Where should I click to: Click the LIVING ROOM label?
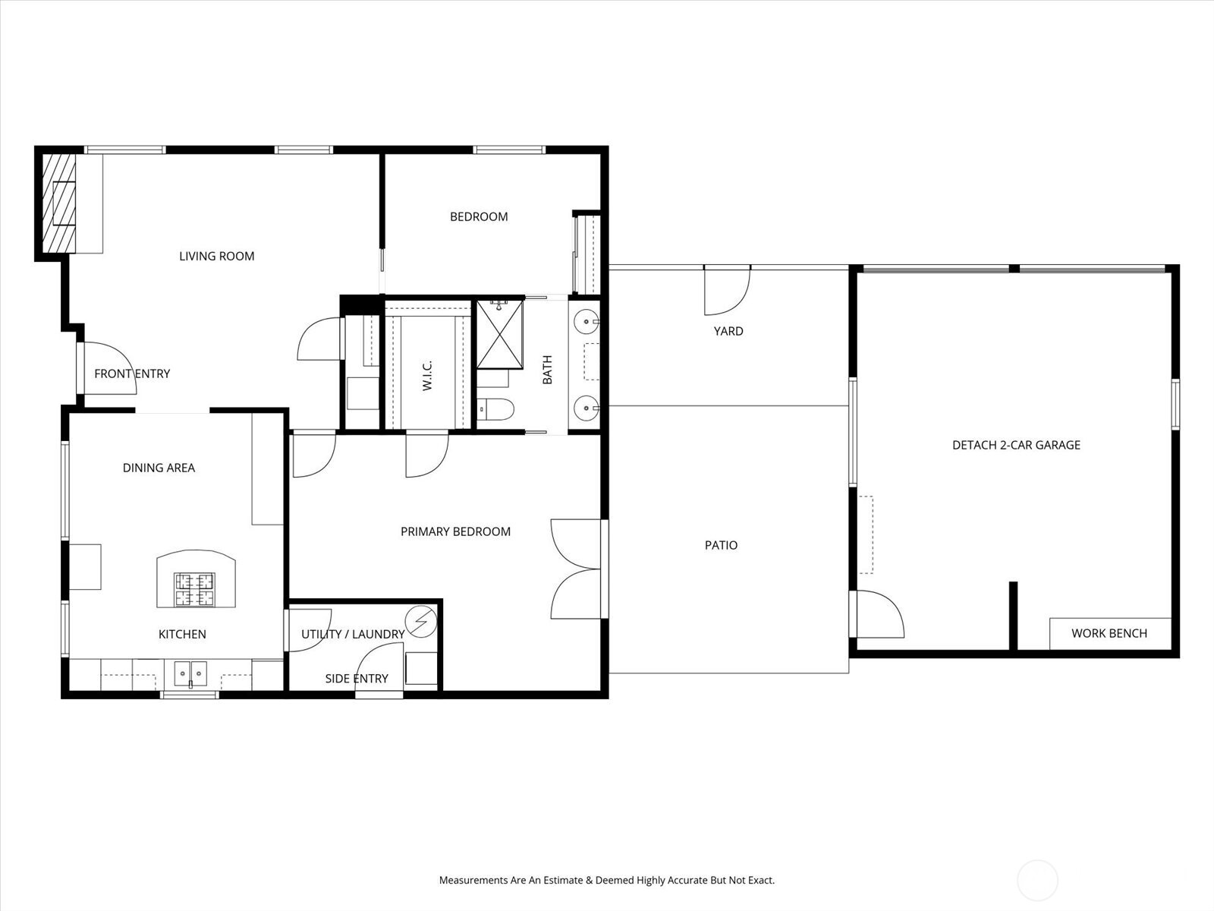216,257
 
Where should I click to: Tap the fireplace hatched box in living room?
59,203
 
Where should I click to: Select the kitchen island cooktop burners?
195,590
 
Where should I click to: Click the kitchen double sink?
190,673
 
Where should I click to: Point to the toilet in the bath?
497,409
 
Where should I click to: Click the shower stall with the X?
499,334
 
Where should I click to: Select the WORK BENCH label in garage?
1109,633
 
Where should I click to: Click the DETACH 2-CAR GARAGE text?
1016,445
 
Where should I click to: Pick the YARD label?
728,331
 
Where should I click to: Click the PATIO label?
721,545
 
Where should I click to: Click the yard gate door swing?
726,292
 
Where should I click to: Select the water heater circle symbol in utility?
420,622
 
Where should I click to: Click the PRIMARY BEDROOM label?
455,531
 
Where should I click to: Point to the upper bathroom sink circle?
585,322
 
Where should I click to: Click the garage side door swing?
879,615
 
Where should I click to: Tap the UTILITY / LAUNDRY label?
353,634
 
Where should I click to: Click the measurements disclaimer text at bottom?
606,881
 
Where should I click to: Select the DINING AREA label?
159,468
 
